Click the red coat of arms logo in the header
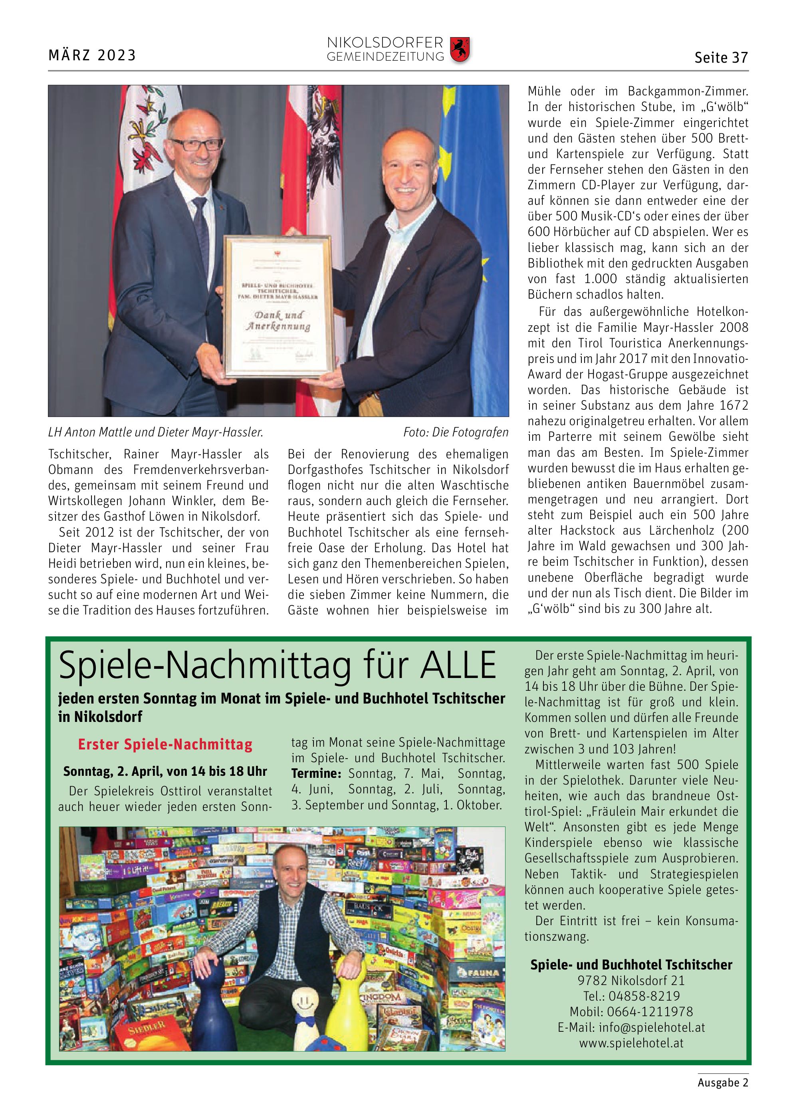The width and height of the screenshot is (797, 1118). click(x=460, y=50)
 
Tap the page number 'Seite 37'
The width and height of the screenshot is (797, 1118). click(x=721, y=58)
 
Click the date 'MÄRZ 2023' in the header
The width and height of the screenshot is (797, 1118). click(x=92, y=55)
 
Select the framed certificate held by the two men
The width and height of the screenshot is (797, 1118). click(x=279, y=306)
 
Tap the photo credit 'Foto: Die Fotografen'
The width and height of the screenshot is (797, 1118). click(x=456, y=432)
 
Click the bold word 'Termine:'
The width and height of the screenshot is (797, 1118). click(x=316, y=773)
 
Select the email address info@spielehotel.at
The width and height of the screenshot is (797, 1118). click(x=631, y=1027)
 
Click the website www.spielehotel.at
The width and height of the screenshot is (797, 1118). click(x=631, y=1043)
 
